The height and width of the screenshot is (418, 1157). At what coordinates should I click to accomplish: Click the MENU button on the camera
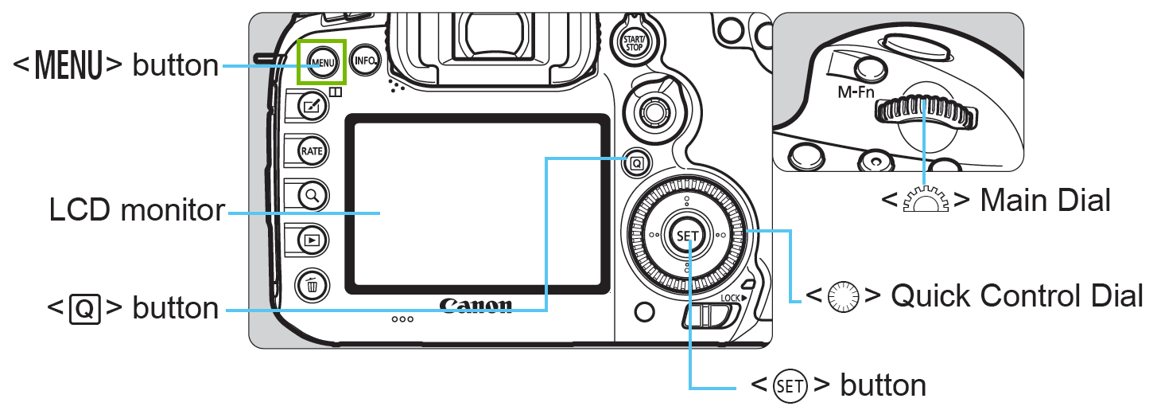pos(322,61)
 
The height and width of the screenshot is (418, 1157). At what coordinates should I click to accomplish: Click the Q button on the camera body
pos(636,163)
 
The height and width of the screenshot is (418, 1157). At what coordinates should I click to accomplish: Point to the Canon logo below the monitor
pos(476,306)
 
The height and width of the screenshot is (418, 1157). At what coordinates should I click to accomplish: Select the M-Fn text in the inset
pos(857,92)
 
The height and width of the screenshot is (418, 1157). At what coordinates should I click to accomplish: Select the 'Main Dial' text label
pos(1045,201)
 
